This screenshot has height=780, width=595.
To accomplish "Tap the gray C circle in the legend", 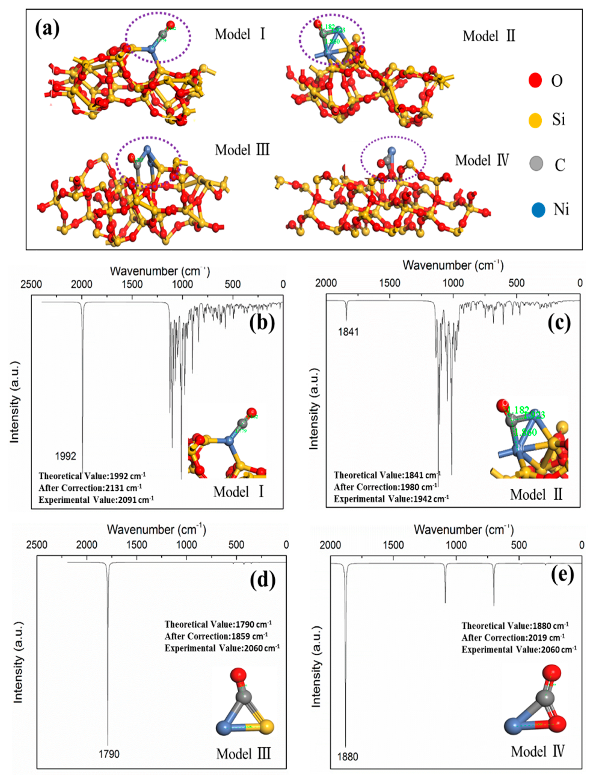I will coord(536,164).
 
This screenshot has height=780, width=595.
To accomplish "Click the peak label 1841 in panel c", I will coord(348,332).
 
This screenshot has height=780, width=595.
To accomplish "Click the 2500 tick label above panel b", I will coord(31,284).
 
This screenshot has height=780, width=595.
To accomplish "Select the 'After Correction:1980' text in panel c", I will coord(385,487).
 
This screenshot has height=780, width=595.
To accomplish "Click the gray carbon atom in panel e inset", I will coord(545,697).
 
